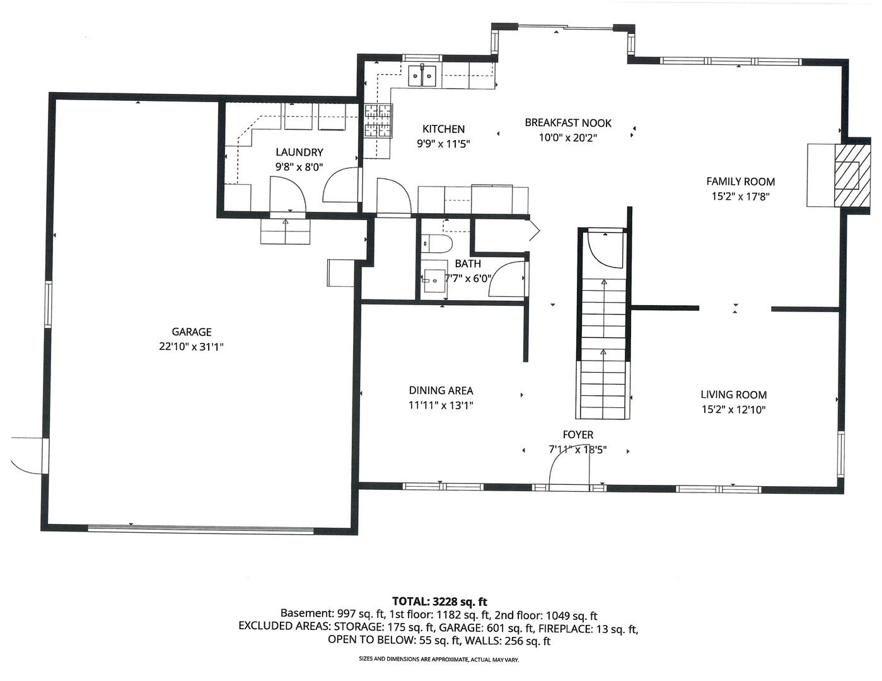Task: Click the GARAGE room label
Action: (192, 332)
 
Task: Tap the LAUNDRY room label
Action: (299, 152)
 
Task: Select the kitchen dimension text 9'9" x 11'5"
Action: (443, 144)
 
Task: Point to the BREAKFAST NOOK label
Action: (568, 122)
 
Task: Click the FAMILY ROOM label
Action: (740, 182)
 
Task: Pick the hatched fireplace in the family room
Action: (852, 175)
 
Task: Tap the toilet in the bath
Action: (436, 243)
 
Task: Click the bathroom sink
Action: (434, 281)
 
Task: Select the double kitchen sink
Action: (422, 76)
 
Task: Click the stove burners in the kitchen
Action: (378, 120)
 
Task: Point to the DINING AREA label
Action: (441, 390)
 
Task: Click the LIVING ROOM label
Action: (733, 395)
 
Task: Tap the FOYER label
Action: (578, 434)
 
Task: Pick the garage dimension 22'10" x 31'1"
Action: (192, 347)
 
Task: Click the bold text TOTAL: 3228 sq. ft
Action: (439, 601)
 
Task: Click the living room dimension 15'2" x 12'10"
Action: (733, 409)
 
